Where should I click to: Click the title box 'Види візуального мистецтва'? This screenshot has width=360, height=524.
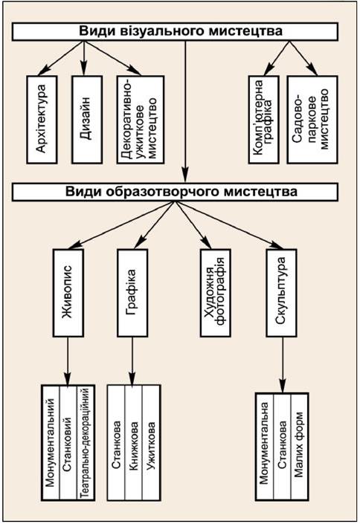175,31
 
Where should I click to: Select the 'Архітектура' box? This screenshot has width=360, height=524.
42,120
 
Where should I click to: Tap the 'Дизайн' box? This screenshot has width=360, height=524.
87,120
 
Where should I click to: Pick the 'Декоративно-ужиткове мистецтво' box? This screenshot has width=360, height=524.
141,120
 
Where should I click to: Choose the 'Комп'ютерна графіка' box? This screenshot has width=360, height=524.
263,120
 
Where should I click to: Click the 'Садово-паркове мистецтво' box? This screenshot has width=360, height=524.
312,120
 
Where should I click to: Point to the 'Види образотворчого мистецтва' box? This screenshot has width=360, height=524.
175,192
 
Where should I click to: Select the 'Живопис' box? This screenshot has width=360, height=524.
68,293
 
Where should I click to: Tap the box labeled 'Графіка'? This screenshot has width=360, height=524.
132,293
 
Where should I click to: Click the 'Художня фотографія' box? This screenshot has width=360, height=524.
216,293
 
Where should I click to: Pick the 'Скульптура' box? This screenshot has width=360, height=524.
281,293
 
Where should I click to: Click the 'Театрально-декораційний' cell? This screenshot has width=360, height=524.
86,442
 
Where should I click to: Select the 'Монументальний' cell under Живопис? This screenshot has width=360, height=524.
50,442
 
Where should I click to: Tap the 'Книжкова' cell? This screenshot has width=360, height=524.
133,442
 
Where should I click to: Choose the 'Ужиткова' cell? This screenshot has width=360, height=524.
152,442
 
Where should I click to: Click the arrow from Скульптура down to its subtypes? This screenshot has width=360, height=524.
283,365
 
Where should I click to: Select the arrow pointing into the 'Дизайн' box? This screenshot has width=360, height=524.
83,58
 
